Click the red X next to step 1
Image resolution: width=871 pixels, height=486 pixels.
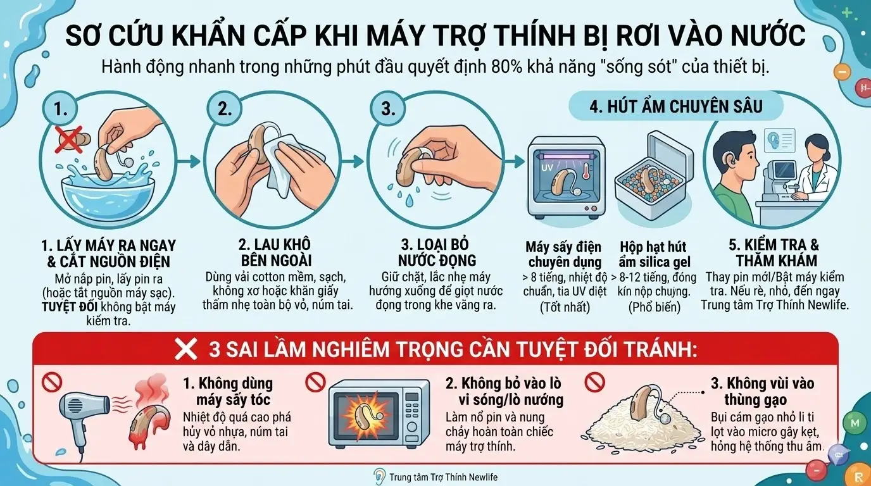(x=68, y=138)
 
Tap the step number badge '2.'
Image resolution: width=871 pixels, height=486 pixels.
(x=225, y=109)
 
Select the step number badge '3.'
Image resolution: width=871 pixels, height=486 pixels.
(x=387, y=109)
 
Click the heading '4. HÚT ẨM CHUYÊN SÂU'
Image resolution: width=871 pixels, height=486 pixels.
(x=676, y=106)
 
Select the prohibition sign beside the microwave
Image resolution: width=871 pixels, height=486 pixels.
(x=315, y=382)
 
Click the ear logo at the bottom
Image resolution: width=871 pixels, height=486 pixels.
(x=379, y=477)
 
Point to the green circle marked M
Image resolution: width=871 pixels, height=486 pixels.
(x=855, y=422)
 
